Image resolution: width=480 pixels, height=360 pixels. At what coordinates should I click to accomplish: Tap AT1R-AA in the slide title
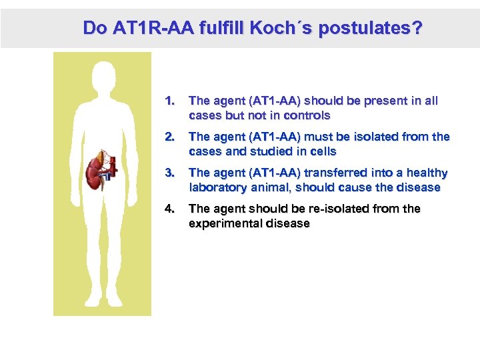[x=145, y=28]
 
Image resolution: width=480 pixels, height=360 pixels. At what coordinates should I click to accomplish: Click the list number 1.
[x=169, y=101]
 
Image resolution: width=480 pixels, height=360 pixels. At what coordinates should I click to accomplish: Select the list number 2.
[x=169, y=137]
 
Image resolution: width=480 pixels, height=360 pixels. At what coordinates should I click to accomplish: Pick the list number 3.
[x=169, y=173]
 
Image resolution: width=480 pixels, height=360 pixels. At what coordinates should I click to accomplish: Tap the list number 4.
[x=169, y=209]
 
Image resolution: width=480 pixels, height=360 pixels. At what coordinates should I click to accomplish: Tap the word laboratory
[x=218, y=188]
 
